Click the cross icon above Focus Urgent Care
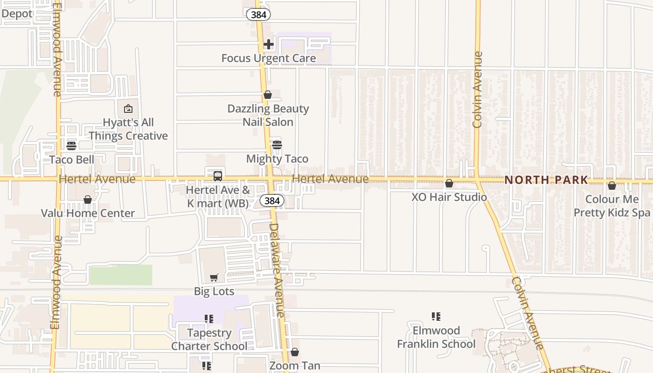[269, 44]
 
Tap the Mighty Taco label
[277, 159]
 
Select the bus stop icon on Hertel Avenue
[218, 176]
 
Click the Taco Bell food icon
[71, 146]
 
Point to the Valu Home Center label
[88, 214]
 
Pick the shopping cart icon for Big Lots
[214, 278]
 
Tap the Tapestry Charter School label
[209, 339]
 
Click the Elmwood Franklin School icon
[436, 317]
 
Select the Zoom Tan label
[295, 366]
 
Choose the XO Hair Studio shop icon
[449, 184]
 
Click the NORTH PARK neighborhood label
[546, 180]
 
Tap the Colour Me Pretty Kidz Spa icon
[612, 186]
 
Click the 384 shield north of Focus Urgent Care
[258, 14]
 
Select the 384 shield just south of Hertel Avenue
[271, 201]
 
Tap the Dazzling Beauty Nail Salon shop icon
[268, 95]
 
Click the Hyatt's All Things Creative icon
[128, 109]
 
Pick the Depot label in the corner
[17, 14]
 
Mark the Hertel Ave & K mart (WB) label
[218, 197]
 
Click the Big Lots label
[214, 291]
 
